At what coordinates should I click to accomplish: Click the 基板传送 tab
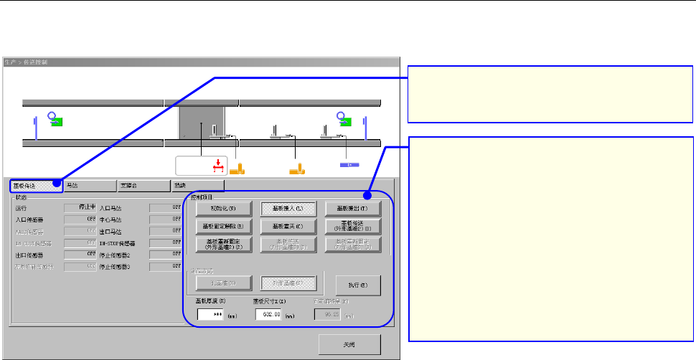(34, 184)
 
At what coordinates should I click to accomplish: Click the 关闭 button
(349, 345)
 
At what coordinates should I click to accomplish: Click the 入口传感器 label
(31, 219)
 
